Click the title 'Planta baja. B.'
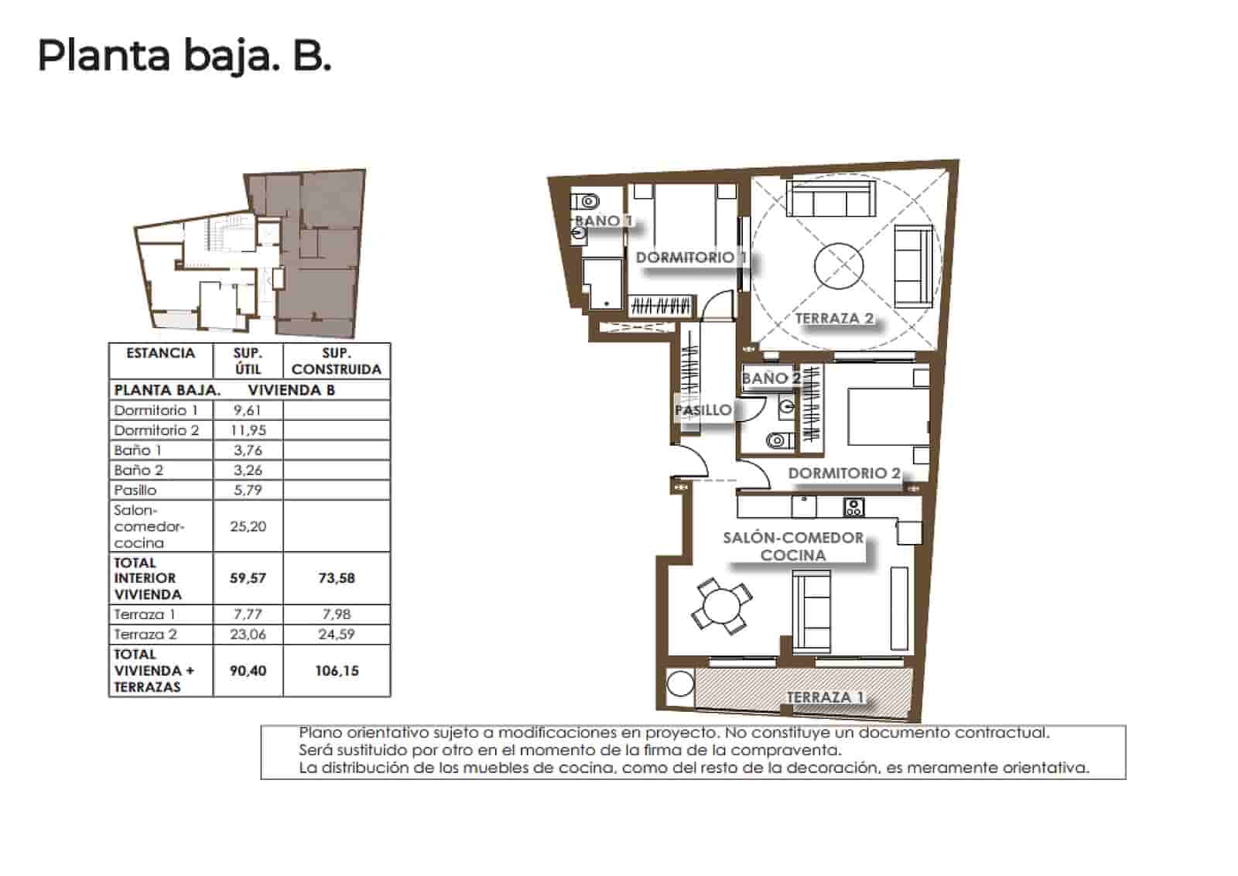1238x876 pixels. click(x=184, y=56)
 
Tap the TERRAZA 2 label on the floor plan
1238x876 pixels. click(x=834, y=318)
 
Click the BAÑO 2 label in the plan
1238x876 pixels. click(x=771, y=378)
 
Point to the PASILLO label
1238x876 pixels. click(x=703, y=410)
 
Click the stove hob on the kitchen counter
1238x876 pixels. click(x=853, y=508)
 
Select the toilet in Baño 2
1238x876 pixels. click(x=778, y=441)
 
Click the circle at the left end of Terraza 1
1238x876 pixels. click(x=680, y=685)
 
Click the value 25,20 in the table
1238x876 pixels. click(x=248, y=526)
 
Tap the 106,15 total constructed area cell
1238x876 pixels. click(x=337, y=671)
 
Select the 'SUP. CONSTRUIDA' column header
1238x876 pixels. click(x=336, y=361)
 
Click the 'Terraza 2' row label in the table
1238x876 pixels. click(x=145, y=635)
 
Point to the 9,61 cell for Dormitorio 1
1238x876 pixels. click(x=248, y=411)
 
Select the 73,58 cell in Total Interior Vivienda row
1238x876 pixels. click(x=337, y=578)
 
